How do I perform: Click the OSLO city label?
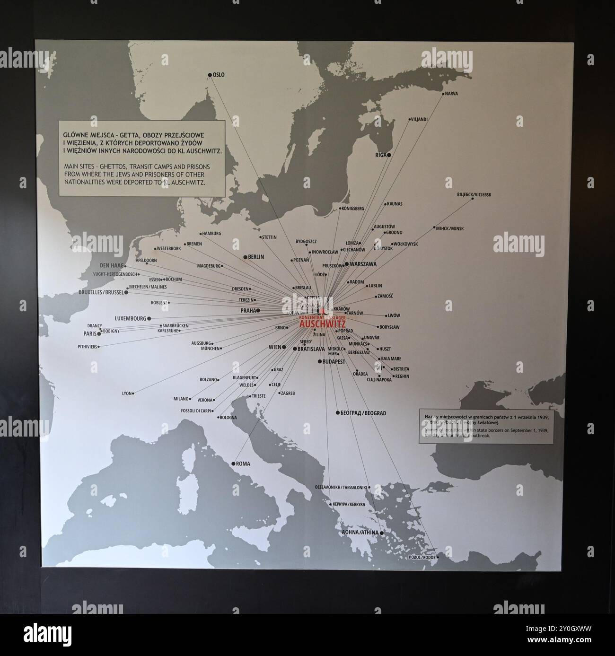pos(219,75)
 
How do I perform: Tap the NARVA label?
pos(452,94)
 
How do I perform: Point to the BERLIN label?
pos(256,257)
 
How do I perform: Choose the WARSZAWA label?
pos(363,264)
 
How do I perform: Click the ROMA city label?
pos(243,464)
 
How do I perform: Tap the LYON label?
pos(126,393)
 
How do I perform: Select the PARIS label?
pos(90,333)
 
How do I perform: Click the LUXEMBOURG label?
pos(131,319)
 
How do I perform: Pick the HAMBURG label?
pos(212,234)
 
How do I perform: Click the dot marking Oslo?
pos(210,75)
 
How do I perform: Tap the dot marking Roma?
pos(233,464)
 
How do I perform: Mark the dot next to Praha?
pos(258,310)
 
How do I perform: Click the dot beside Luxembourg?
pos(149,319)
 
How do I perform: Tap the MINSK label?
pos(450,228)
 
